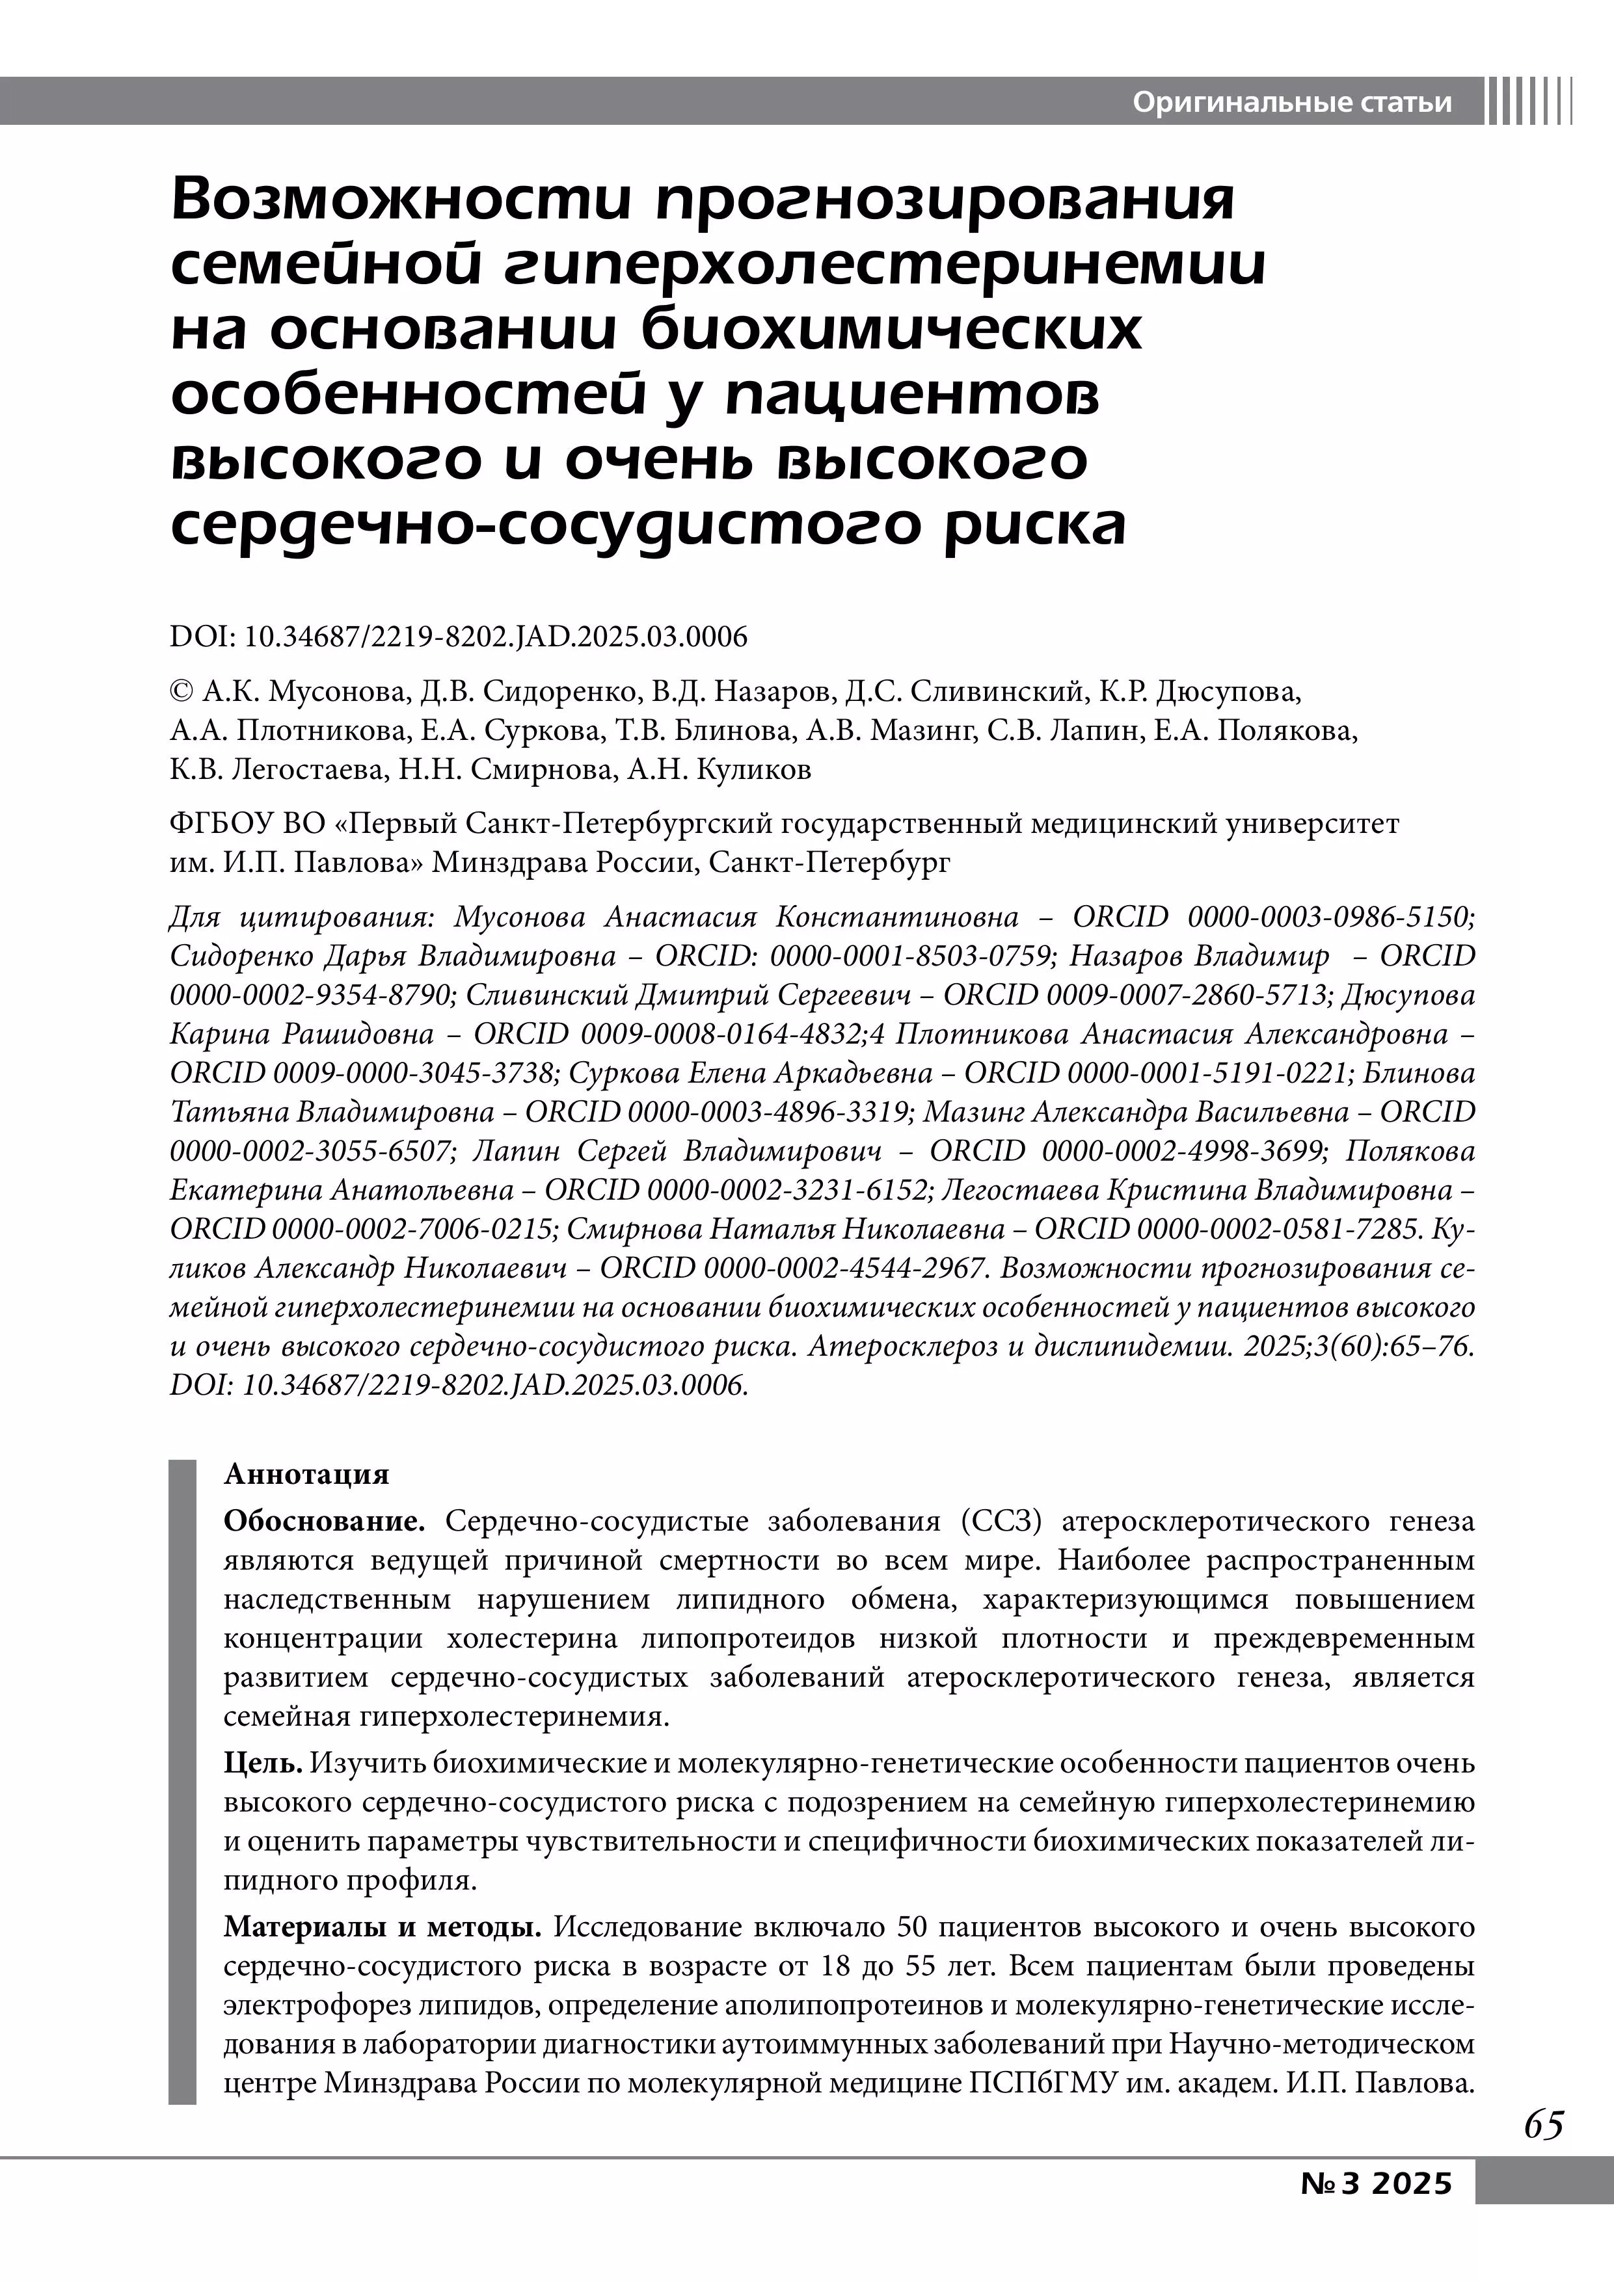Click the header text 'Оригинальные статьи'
1292,102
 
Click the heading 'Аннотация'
306,1473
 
